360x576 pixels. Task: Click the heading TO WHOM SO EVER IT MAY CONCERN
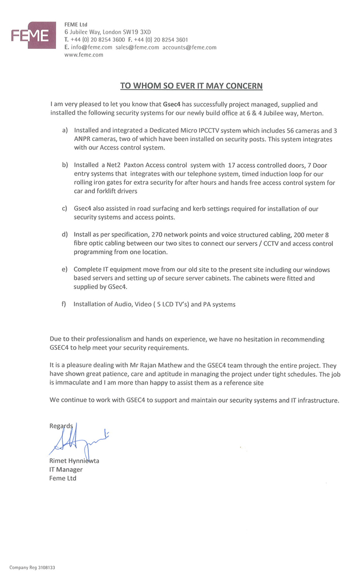(191, 85)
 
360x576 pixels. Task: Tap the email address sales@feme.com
(137, 47)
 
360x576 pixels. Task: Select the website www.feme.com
(83, 55)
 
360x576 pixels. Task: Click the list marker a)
(65, 131)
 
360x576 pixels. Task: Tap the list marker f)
(65, 304)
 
